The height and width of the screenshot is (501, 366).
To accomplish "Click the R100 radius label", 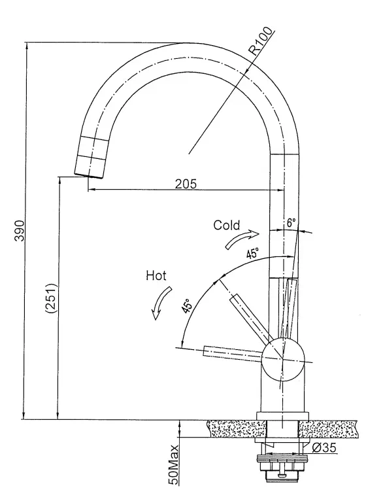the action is (261, 42).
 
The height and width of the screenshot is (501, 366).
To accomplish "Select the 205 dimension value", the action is (186, 183).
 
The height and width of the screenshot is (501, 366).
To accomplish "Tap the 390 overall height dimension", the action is (20, 230).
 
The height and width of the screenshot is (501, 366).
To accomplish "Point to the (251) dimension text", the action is (52, 298).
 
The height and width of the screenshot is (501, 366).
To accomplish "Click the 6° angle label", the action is (291, 222).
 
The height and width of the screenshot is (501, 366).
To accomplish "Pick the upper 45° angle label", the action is (252, 254).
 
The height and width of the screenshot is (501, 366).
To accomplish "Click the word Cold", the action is (226, 225).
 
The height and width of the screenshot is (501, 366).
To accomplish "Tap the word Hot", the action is (156, 275).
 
